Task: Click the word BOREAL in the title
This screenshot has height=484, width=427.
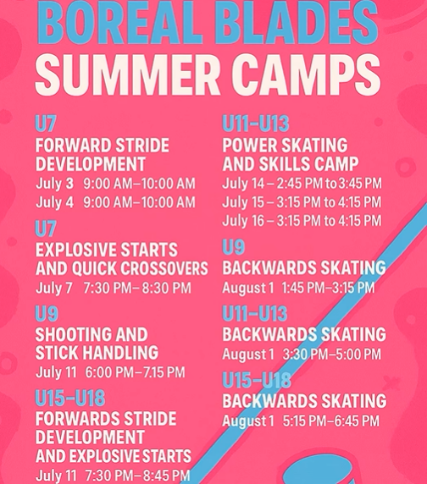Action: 117,22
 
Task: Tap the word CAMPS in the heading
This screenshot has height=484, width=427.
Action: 309,74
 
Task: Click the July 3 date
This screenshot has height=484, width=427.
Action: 55,184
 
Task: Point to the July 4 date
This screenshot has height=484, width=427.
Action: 55,202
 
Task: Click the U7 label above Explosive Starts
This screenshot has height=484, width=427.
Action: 46,228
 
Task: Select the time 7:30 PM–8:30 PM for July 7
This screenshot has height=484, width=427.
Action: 137,289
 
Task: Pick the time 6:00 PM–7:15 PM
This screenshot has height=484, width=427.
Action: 135,372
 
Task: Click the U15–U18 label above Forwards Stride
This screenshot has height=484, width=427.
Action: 70,398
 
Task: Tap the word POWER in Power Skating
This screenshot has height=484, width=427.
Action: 250,146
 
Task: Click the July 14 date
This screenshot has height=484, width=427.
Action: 243,184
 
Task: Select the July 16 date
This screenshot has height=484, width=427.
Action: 243,221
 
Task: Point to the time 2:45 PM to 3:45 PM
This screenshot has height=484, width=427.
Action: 329,184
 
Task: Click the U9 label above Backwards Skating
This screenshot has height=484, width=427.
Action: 234,247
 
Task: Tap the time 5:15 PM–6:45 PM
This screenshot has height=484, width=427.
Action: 331,421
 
